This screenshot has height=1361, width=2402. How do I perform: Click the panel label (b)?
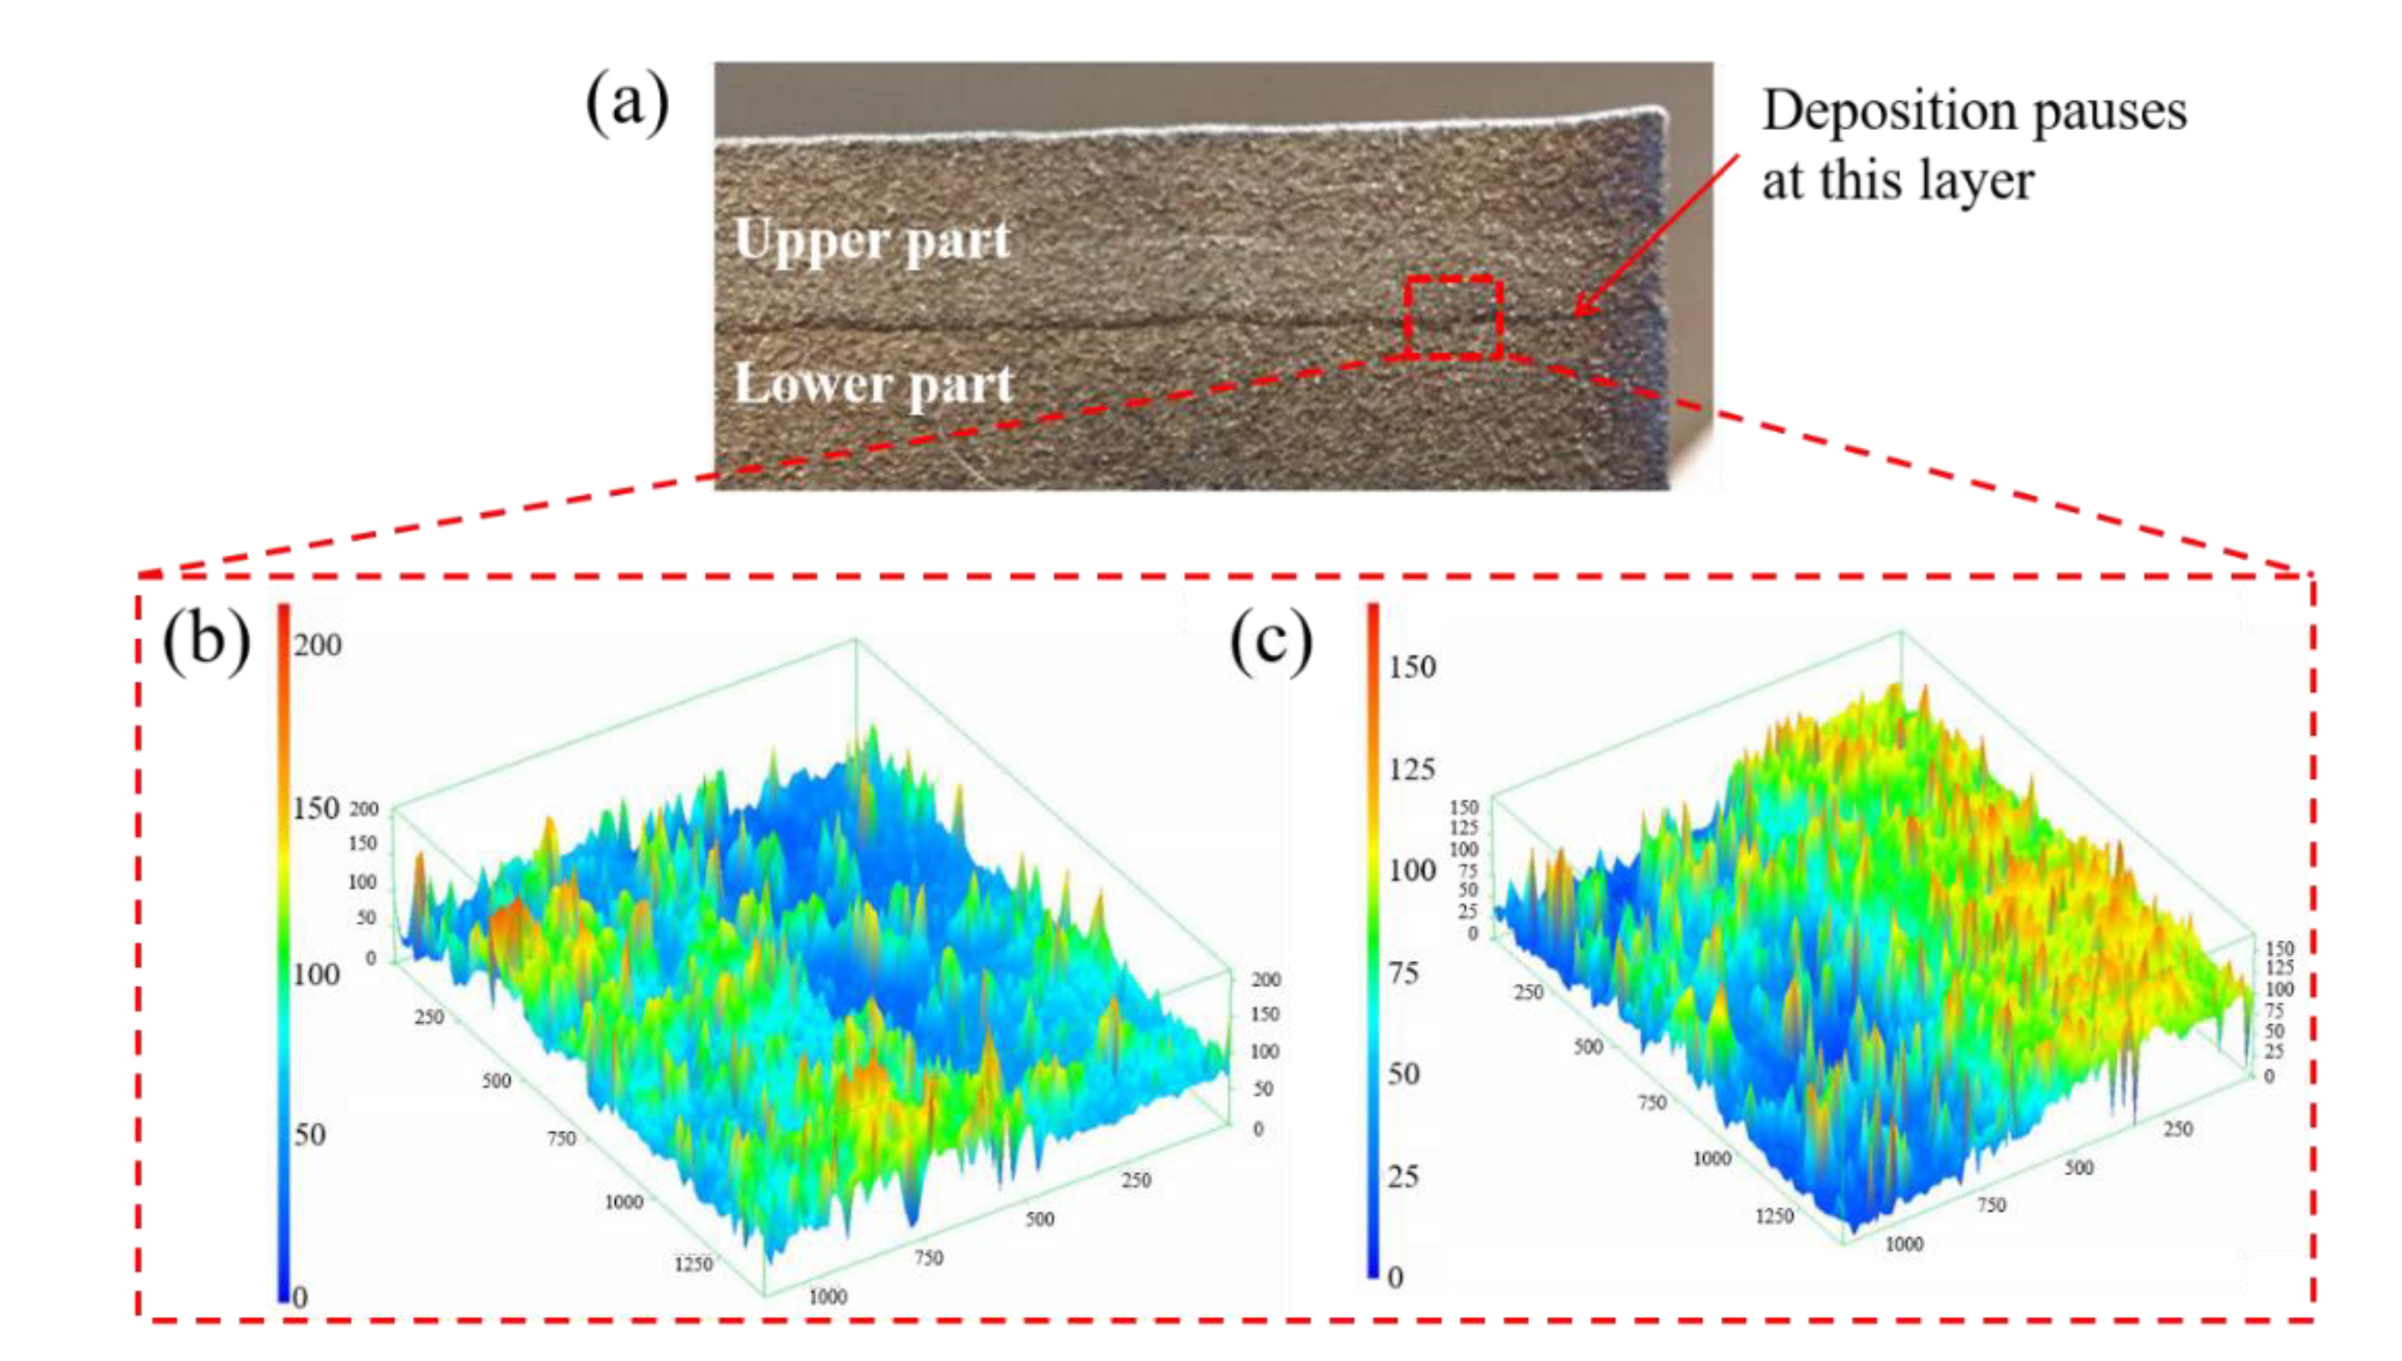(207, 642)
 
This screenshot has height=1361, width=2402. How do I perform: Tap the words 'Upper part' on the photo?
(872, 240)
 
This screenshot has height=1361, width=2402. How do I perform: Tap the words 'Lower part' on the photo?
(873, 384)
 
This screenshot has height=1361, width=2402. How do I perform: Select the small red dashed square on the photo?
(1453, 317)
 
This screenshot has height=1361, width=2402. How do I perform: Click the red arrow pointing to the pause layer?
(1655, 238)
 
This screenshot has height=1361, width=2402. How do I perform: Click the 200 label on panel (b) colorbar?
(318, 645)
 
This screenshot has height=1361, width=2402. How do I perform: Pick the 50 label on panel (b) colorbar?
(310, 1134)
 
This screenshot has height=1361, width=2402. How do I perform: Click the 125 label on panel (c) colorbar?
(1411, 769)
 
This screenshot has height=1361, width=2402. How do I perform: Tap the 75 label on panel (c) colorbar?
(1404, 973)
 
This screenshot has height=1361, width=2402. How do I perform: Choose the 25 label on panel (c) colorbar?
(1404, 1176)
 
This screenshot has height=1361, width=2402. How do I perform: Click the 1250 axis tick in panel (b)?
(693, 1264)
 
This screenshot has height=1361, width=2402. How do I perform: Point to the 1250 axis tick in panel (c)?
(1774, 1216)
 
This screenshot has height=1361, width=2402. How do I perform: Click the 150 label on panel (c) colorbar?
(1411, 668)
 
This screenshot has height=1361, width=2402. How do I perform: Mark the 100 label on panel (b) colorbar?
(316, 975)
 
